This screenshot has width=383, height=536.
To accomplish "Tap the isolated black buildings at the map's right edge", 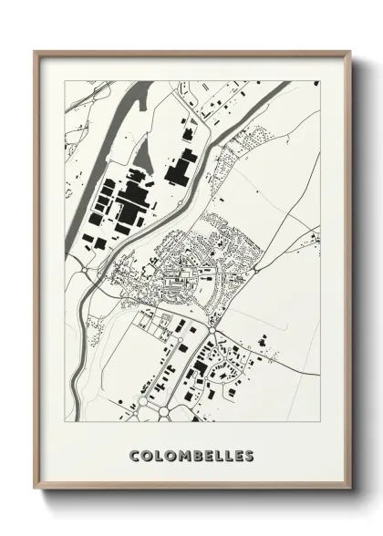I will click(x=312, y=239).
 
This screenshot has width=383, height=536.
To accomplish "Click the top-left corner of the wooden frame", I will click(x=35, y=52).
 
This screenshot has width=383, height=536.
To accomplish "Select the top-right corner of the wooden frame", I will click(x=350, y=52).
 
